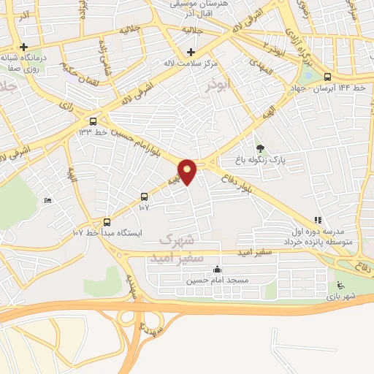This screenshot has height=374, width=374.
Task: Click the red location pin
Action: point(188,171)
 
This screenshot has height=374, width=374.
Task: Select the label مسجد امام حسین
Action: point(217,280)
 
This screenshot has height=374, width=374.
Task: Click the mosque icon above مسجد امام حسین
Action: point(217,269)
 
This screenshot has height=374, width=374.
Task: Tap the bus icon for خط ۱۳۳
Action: point(93,121)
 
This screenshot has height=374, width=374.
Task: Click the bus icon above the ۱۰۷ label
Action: point(143,196)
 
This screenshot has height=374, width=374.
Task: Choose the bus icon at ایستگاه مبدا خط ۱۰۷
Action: point(107,222)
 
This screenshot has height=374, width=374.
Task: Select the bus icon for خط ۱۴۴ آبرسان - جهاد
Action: point(327,76)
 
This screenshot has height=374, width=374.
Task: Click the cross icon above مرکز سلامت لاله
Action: point(191,52)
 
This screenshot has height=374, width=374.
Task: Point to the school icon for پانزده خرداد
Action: point(317,219)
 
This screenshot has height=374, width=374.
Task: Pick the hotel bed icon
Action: point(47,200)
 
